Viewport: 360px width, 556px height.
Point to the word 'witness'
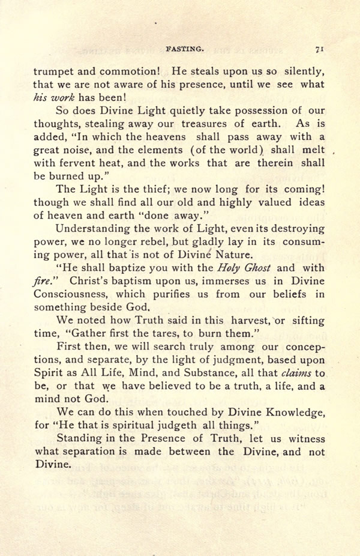306,438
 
